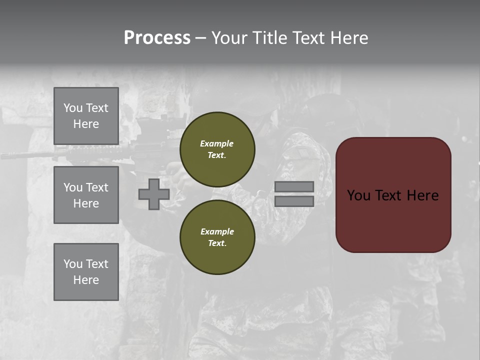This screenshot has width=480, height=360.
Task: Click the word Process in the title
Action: click(157, 38)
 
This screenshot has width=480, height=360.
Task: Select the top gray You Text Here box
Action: click(86, 116)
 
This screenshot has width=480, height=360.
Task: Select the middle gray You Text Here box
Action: click(86, 195)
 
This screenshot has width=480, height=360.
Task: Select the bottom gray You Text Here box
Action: click(86, 272)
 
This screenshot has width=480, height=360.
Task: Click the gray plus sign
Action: click(154, 194)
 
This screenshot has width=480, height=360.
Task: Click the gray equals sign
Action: click(294, 194)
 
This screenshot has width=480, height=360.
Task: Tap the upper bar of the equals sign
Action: click(294, 186)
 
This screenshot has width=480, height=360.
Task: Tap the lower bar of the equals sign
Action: click(294, 201)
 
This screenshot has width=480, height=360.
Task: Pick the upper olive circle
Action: click(217, 149)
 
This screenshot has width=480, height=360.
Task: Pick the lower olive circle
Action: click(217, 237)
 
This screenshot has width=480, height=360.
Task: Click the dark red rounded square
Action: click(393, 194)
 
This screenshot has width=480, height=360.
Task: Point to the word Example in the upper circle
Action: click(216, 143)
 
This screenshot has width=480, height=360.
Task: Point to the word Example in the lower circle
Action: click(217, 231)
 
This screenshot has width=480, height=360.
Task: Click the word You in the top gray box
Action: click(72, 108)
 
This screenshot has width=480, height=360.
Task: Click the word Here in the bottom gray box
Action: click(86, 280)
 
